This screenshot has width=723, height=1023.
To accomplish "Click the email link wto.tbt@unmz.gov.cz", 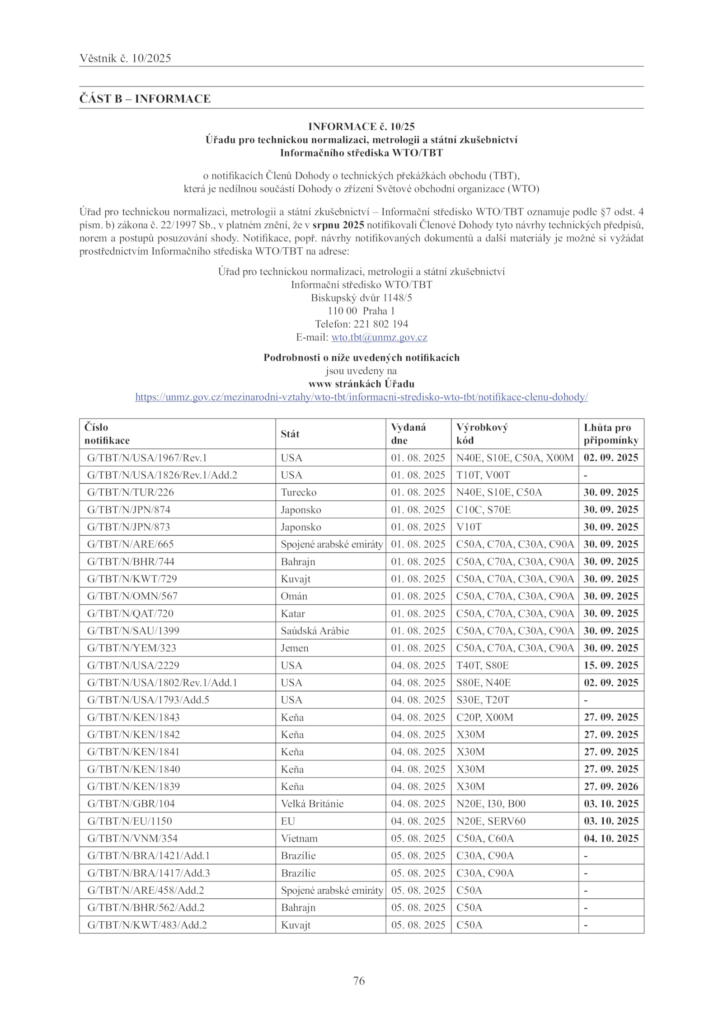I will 379,337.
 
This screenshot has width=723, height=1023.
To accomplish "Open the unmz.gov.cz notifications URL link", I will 361,397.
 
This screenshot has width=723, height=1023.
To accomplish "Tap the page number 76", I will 359,981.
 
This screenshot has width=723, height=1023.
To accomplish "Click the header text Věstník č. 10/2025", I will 125,58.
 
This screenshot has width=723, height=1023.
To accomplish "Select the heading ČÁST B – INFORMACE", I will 145,99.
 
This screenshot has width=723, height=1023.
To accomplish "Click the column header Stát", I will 290,434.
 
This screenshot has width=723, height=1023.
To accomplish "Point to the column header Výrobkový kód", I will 482,434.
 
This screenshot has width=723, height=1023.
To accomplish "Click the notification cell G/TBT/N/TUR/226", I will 131,492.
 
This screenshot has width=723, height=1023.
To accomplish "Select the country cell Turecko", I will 299,492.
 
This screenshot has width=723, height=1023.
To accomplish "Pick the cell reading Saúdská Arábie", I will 315,631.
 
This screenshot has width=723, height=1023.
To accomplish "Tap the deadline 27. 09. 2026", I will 611,787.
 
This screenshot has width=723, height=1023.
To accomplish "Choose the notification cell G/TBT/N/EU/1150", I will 130,821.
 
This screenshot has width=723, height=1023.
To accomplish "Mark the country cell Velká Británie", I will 312,804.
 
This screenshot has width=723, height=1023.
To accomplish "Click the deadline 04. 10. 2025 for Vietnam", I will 611,839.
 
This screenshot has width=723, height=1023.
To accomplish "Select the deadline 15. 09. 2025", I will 611,665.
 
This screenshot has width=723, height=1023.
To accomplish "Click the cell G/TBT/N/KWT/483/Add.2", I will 147,925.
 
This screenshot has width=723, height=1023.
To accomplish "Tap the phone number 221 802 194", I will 380,324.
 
